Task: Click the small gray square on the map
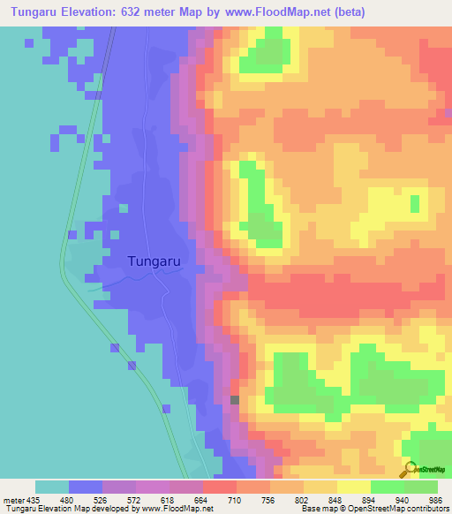click(x=235, y=399)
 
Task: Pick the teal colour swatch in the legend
click(x=52, y=487)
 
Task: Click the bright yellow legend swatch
click(x=353, y=487)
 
